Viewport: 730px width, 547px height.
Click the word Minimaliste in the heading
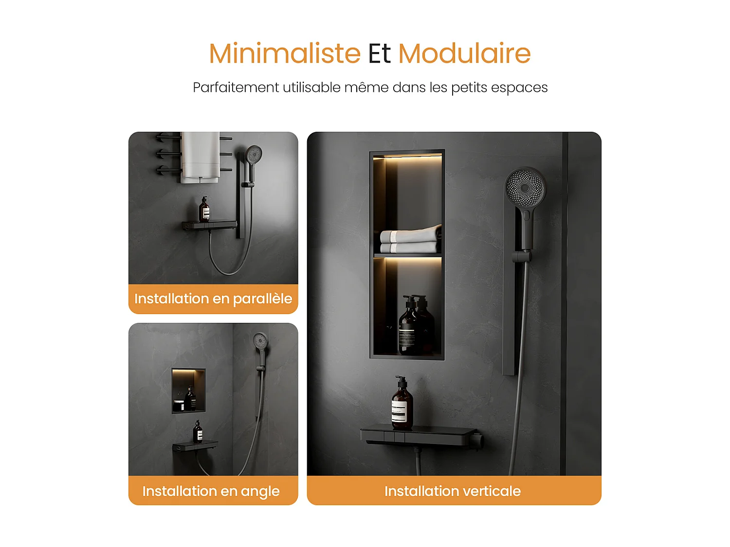[x=285, y=53]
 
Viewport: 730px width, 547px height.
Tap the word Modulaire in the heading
[x=464, y=53]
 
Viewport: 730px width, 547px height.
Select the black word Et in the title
[x=379, y=53]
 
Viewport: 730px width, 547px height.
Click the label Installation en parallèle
[x=213, y=299]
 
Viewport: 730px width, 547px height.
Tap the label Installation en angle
[x=211, y=491]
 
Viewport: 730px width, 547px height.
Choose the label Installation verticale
[x=453, y=491]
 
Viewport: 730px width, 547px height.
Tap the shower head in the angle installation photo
[x=261, y=340]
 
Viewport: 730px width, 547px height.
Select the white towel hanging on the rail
[x=200, y=157]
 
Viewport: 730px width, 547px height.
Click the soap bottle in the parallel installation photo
[x=204, y=211]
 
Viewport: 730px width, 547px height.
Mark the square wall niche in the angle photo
[x=188, y=391]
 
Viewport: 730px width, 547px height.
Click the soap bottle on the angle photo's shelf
[x=198, y=432]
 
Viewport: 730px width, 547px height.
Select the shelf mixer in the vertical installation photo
[x=420, y=436]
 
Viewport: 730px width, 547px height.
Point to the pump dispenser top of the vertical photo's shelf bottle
[x=401, y=380]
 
